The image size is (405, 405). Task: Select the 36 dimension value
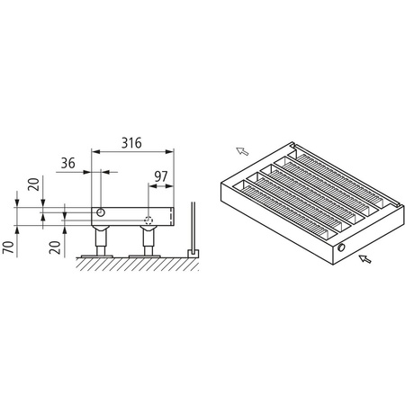point(68,165)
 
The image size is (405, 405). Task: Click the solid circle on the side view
point(101,213)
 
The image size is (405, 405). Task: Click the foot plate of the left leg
point(99,256)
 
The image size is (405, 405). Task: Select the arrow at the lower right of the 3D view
point(364,259)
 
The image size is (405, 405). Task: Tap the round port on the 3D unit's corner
point(343,247)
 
